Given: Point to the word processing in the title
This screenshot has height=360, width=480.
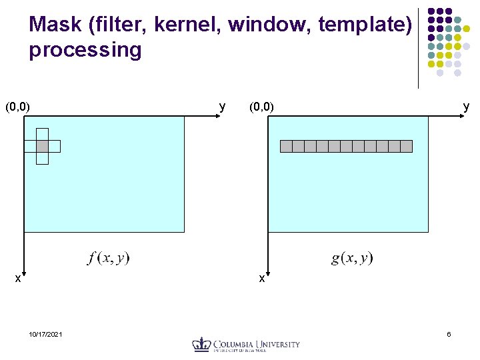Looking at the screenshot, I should pyautogui.click(x=85, y=51).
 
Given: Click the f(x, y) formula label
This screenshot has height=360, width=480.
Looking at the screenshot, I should pyautogui.click(x=109, y=258).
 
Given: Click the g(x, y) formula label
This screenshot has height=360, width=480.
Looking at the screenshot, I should pyautogui.click(x=352, y=258).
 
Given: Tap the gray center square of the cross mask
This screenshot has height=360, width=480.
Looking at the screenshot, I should pyautogui.click(x=42, y=146).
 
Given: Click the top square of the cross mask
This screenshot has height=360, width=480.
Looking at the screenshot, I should pyautogui.click(x=42, y=133).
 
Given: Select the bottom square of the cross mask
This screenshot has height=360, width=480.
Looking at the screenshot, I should pyautogui.click(x=42, y=158).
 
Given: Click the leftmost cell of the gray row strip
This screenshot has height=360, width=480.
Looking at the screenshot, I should pyautogui.click(x=286, y=146).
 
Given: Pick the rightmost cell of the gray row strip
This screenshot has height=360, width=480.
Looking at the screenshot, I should pyautogui.click(x=406, y=146).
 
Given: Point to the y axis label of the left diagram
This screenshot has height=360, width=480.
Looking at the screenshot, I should pyautogui.click(x=222, y=106).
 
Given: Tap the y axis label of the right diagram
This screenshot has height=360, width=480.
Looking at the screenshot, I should pyautogui.click(x=466, y=106).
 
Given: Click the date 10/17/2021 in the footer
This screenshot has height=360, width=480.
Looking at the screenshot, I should pyautogui.click(x=46, y=334).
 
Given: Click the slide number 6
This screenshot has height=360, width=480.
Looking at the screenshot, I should pyautogui.click(x=449, y=334).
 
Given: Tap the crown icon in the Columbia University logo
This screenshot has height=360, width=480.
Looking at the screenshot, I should pyautogui.click(x=201, y=344).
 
